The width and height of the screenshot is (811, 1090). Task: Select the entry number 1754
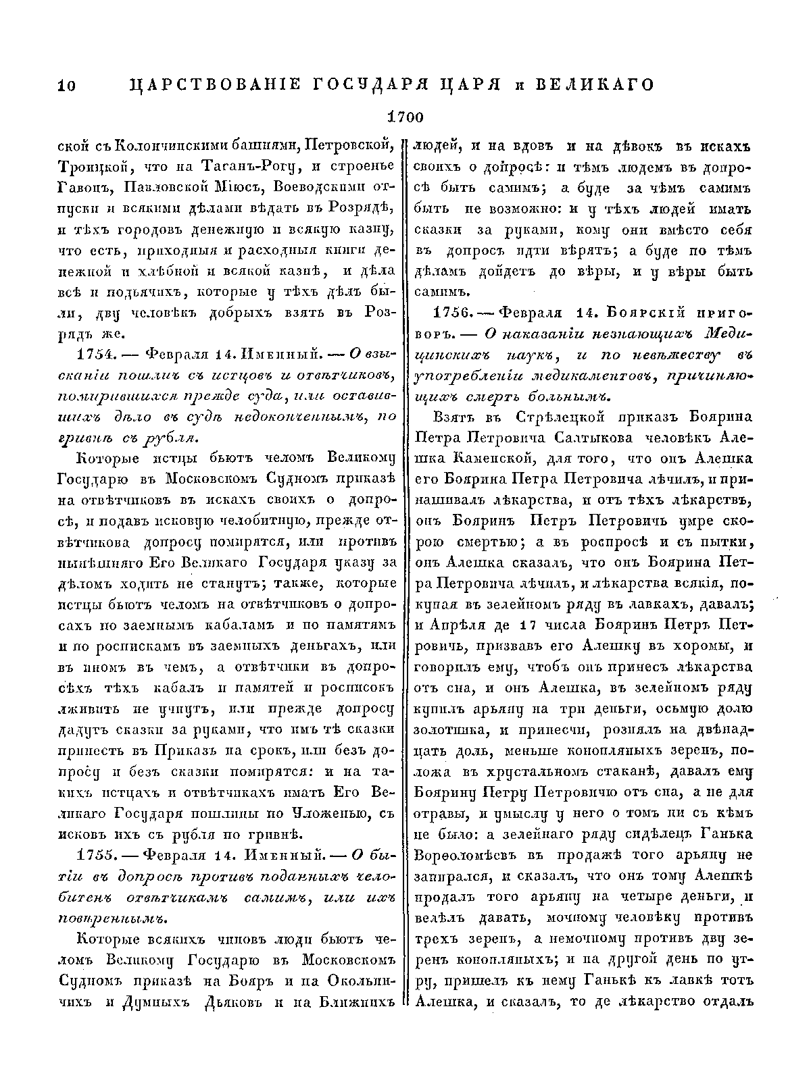(99, 354)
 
